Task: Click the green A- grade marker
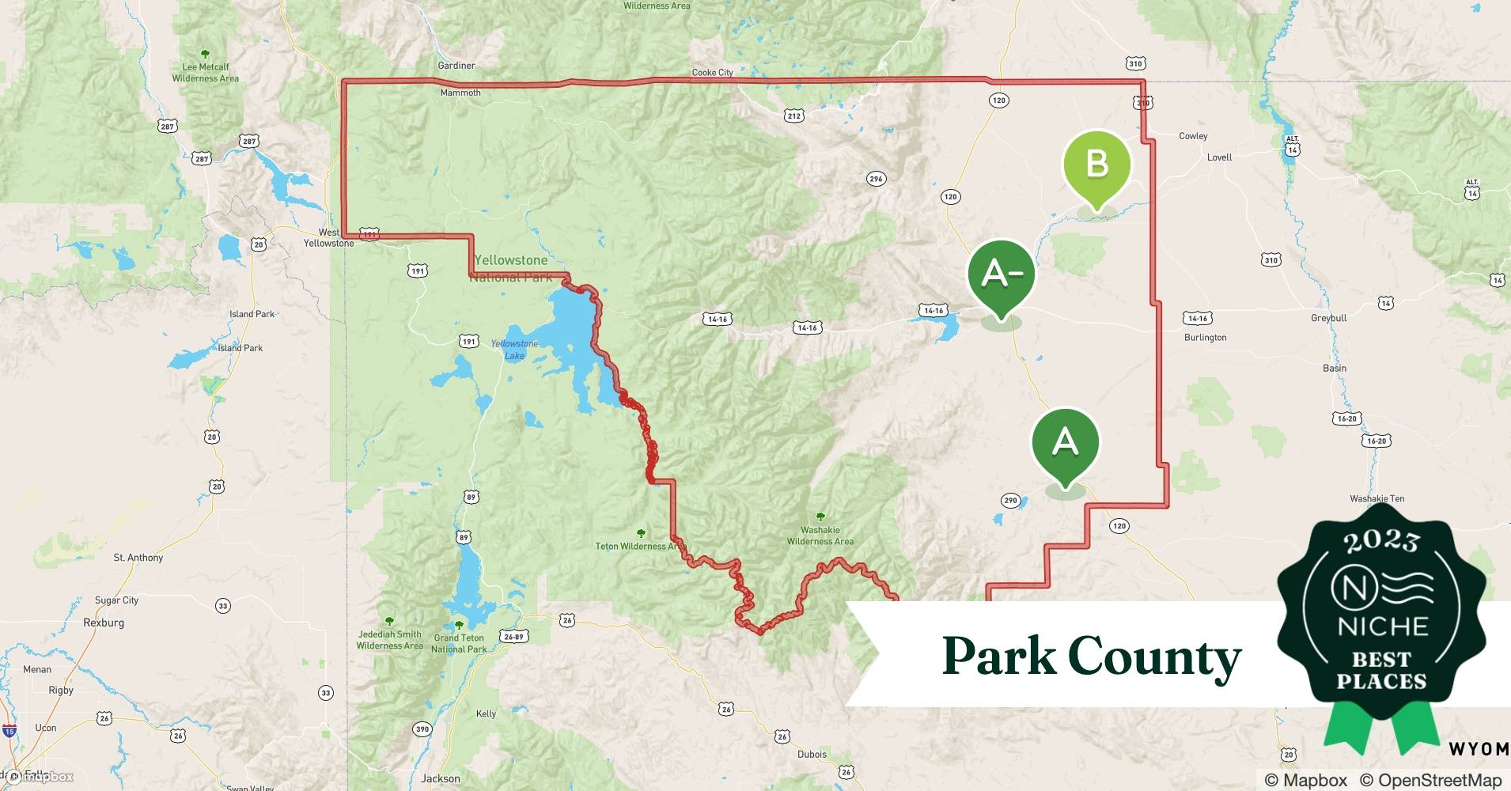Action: tap(1001, 274)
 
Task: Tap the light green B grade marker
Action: tap(1096, 165)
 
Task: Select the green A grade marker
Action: tap(1065, 441)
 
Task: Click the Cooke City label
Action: tap(712, 73)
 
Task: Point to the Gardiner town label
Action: tap(456, 66)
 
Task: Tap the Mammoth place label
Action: tap(460, 93)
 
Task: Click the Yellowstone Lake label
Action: tap(514, 350)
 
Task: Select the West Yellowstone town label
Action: tap(329, 238)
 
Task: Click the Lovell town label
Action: tap(1219, 157)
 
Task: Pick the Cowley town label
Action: tap(1193, 136)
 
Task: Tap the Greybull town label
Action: tap(1328, 318)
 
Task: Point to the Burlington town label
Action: tap(1205, 338)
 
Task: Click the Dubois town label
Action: tap(812, 754)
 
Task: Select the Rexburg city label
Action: tap(104, 623)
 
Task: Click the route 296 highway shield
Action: tap(876, 179)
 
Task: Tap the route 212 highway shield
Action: tap(794, 116)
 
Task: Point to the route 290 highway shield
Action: tap(1010, 500)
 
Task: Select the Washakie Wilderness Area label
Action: tap(820, 536)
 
